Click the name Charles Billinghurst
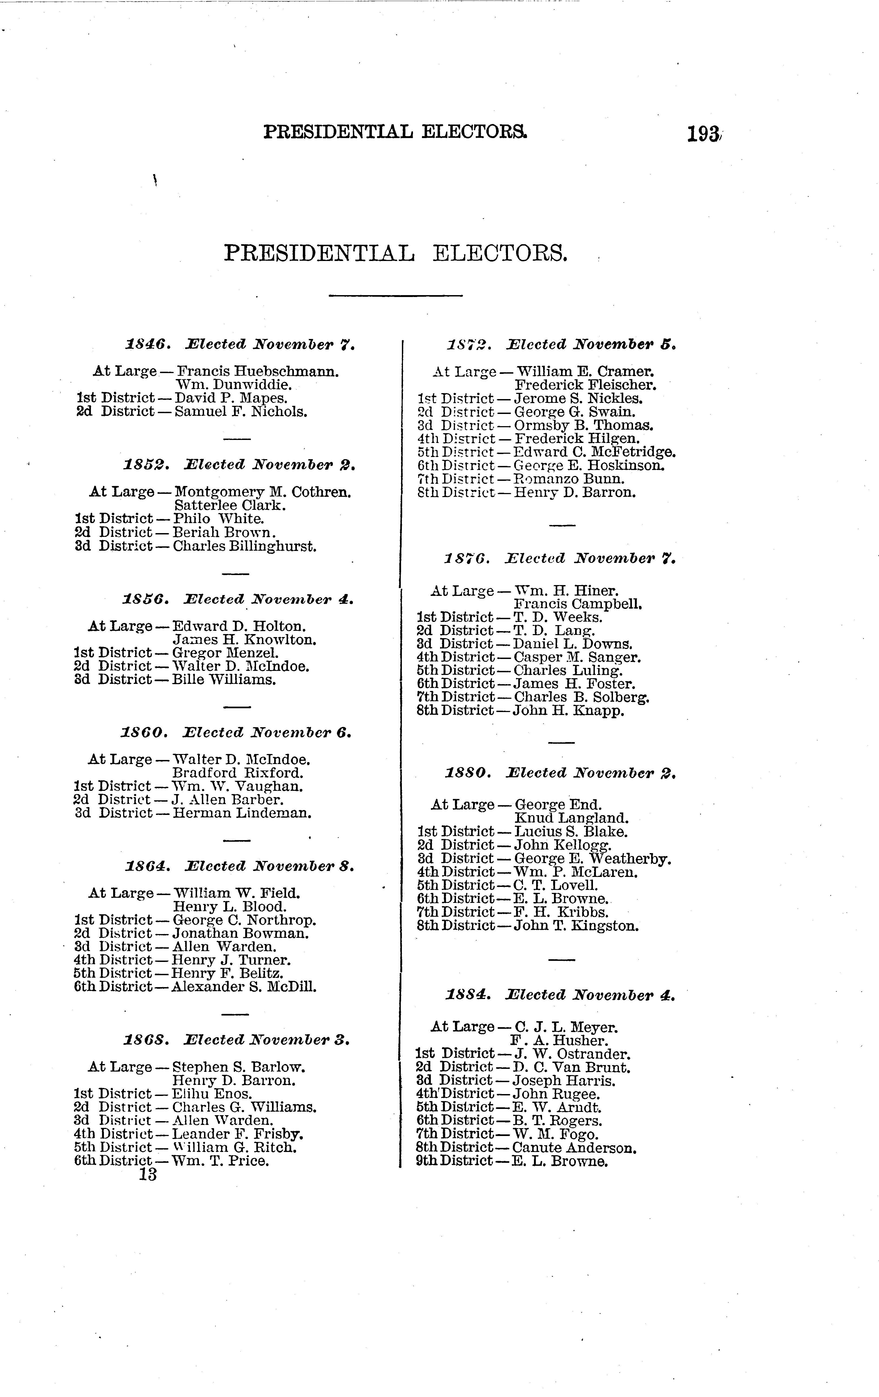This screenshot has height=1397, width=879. (x=245, y=546)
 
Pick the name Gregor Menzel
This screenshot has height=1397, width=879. (x=225, y=653)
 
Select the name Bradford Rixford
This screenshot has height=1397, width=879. (x=238, y=773)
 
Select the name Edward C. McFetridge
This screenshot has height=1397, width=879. (x=595, y=452)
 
